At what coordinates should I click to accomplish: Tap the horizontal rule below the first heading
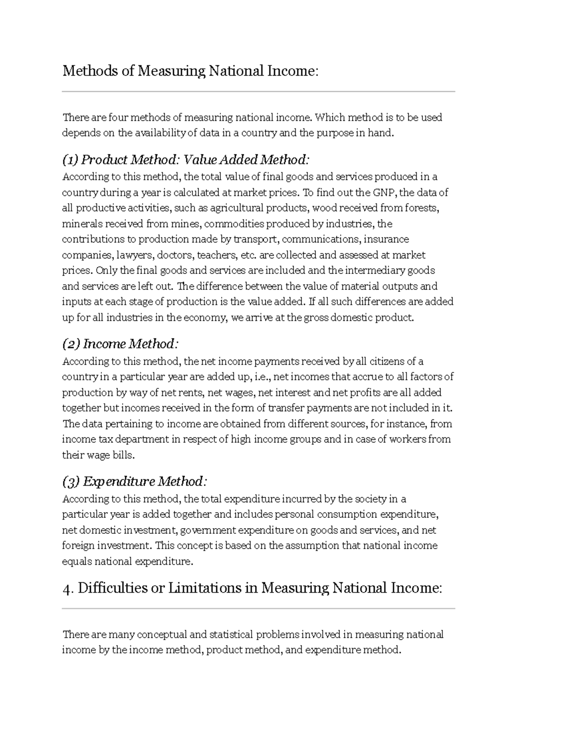258,91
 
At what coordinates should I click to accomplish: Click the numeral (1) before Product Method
71,160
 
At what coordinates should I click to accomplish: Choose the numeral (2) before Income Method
72,344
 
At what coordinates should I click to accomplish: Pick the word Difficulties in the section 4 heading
113,588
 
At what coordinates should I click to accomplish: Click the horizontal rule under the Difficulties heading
258,609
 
